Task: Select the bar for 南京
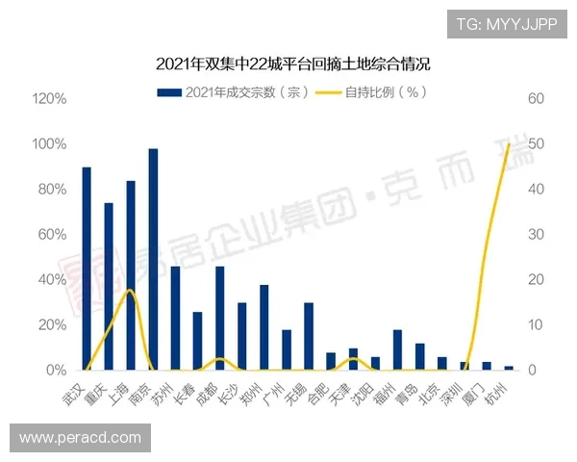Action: [153, 260]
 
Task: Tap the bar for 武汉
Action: [87, 269]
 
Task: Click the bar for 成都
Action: [219, 319]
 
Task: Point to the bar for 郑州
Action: [263, 327]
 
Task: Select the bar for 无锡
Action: [309, 337]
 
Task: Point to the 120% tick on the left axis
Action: [49, 99]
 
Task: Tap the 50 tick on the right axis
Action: [536, 144]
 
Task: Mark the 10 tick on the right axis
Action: [535, 325]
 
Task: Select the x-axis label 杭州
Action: [501, 392]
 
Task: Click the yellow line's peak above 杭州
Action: [508, 144]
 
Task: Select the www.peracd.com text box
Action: [81, 438]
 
